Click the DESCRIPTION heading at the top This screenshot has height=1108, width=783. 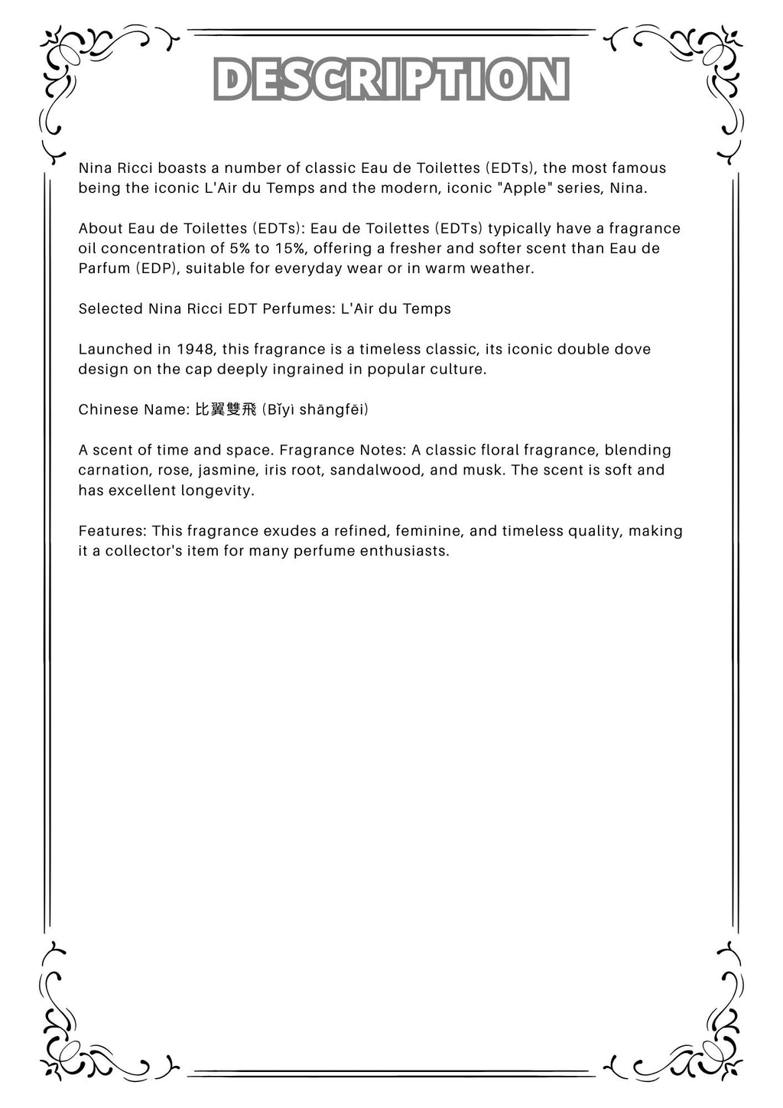click(391, 80)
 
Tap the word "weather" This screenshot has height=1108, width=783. click(501, 269)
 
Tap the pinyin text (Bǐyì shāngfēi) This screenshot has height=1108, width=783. click(315, 410)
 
